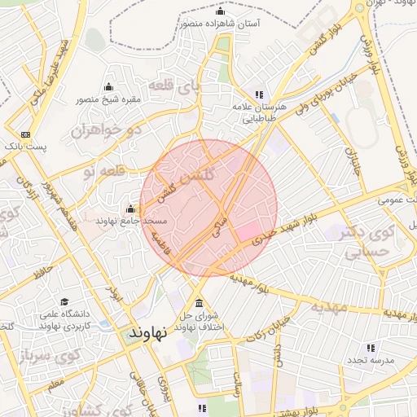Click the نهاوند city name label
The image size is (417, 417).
point(147,333)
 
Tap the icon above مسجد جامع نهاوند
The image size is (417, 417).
point(130,208)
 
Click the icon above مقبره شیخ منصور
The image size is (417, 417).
point(108,87)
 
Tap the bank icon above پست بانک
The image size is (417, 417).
point(26,134)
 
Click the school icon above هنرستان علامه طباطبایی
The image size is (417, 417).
point(260,94)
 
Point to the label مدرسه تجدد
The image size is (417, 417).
point(371,360)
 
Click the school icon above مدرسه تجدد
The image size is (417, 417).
point(371,348)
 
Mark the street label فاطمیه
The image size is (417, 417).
point(160,244)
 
